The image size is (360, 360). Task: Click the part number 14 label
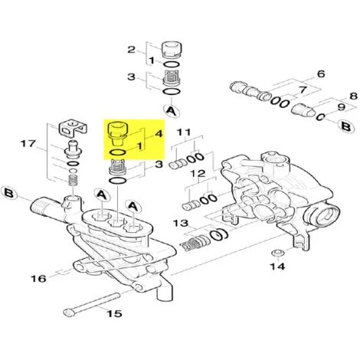277,267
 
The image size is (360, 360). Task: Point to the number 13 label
180,223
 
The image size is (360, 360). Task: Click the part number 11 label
183,133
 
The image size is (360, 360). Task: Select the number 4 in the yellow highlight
159,133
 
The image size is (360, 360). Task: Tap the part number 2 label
130,50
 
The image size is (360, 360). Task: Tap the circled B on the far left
10,191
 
